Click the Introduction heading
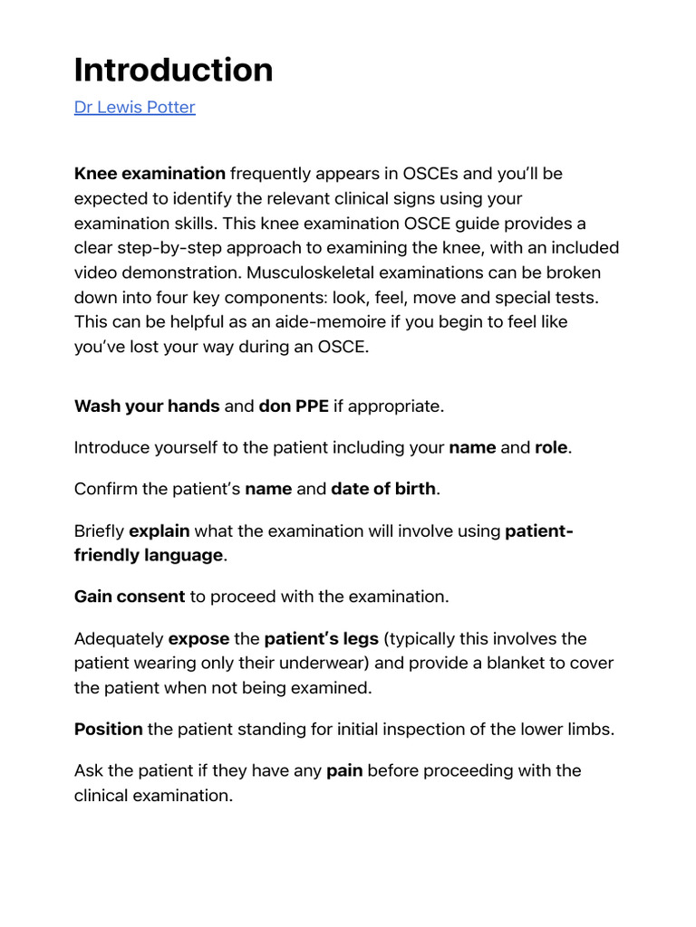pos(173,70)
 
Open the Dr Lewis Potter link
pos(134,108)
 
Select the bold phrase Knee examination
pos(150,173)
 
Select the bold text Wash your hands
pos(147,406)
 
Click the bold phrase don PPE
pos(294,406)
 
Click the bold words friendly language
pos(148,555)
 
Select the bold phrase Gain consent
pos(130,597)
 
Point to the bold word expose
pos(198,639)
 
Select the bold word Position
pos(109,729)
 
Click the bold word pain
pos(344,771)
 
